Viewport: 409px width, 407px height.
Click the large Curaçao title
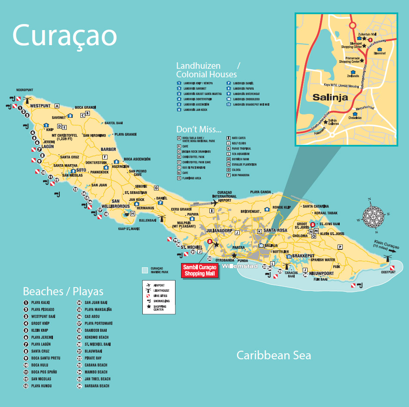[65, 35]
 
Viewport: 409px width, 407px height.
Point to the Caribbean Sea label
[274, 355]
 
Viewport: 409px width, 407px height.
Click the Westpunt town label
[40, 106]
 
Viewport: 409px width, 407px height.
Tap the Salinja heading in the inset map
[330, 97]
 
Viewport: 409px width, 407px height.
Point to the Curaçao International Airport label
[224, 196]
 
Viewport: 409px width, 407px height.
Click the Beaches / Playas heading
[63, 291]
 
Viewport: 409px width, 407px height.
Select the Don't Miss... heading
[199, 129]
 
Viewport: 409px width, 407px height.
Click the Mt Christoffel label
[66, 137]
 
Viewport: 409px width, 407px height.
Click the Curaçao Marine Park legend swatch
[145, 270]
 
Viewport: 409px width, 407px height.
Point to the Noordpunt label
[25, 90]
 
